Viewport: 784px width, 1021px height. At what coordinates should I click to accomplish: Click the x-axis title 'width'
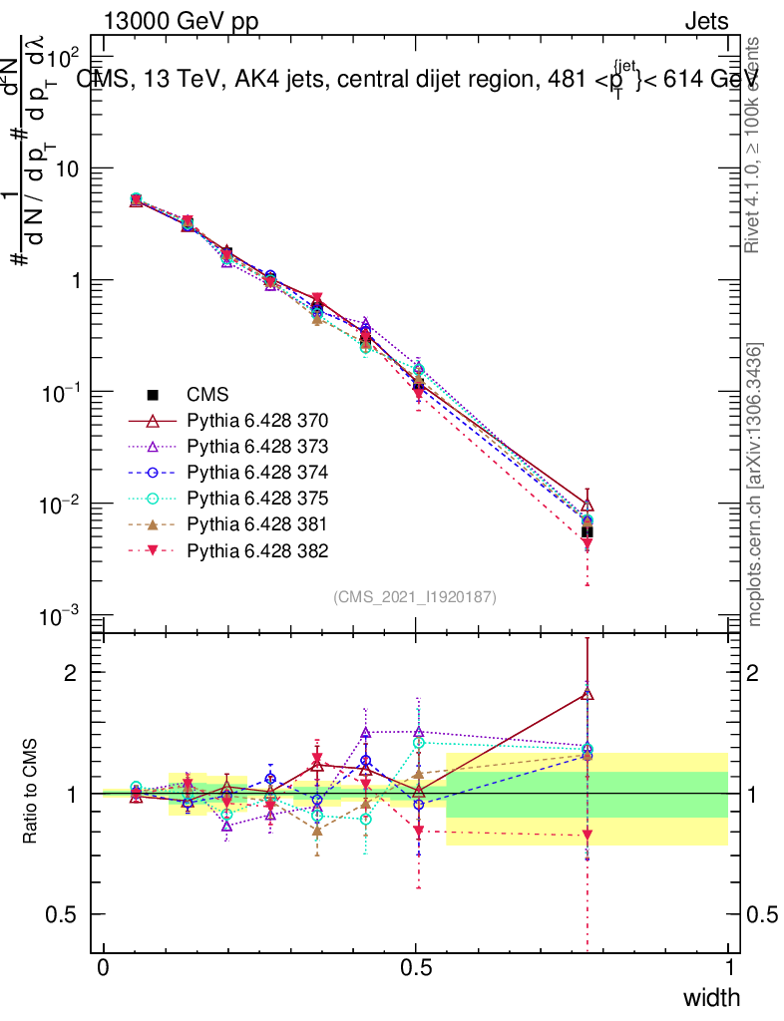click(710, 997)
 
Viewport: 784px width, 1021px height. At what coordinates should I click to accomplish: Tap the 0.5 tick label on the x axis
click(416, 968)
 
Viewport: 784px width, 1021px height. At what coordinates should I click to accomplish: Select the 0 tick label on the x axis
click(104, 968)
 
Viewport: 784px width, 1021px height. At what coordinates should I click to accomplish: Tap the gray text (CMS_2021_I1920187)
click(415, 596)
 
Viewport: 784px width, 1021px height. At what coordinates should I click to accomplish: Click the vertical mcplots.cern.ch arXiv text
click(755, 485)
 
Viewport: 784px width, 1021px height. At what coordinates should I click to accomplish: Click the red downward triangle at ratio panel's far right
click(588, 835)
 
